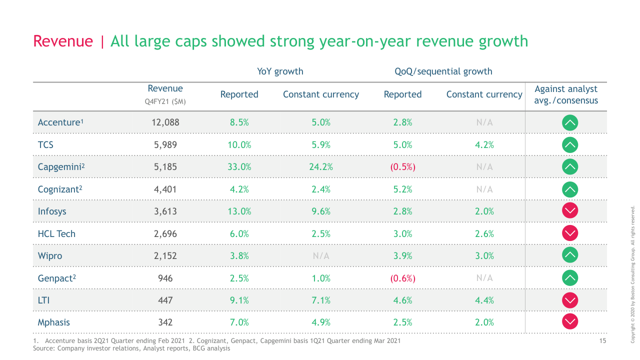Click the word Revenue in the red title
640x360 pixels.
(63, 41)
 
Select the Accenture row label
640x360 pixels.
(59, 122)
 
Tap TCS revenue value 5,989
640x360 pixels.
(165, 145)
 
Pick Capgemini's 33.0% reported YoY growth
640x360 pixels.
(239, 167)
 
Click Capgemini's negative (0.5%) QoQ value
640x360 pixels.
(402, 167)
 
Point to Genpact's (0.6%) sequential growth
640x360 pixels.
(402, 278)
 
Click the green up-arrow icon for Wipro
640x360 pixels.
(570, 255)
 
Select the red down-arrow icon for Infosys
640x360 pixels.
(570, 211)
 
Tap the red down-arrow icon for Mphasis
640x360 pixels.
(570, 322)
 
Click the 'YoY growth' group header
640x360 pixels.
(280, 71)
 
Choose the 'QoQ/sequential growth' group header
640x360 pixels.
(443, 71)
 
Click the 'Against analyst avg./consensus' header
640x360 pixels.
(566, 94)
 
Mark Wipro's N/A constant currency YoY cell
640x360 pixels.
(321, 256)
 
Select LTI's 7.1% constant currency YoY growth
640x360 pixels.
(321, 300)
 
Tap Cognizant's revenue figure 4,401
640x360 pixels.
(165, 189)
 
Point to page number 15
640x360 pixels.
(602, 341)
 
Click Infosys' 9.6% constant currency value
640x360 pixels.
(321, 211)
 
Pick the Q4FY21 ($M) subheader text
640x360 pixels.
(165, 101)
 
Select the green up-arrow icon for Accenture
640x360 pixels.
(570, 122)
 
